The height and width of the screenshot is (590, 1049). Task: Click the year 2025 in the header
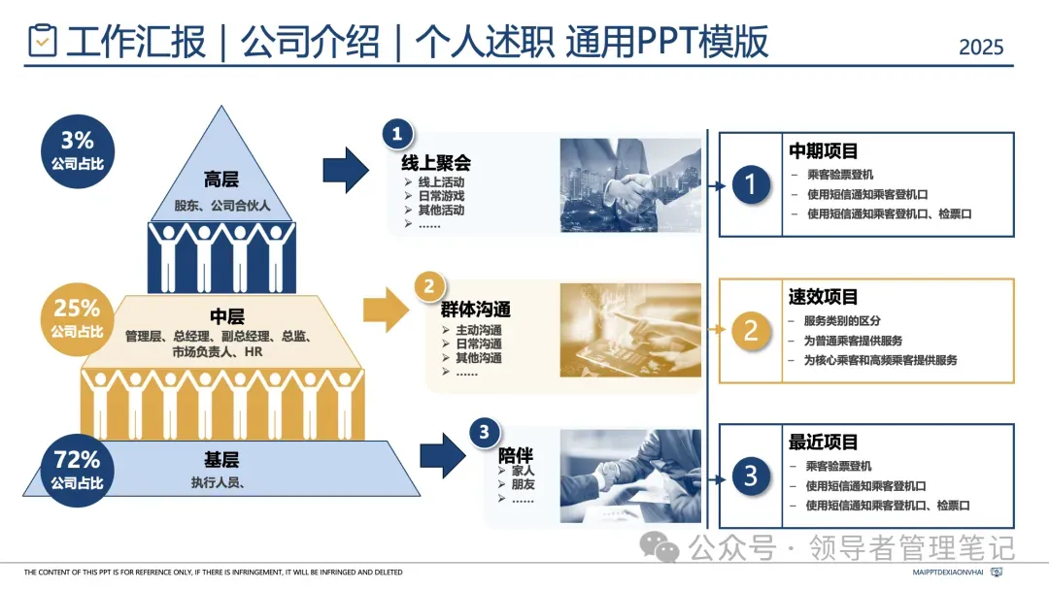point(980,47)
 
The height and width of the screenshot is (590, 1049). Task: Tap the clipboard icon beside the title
point(43,41)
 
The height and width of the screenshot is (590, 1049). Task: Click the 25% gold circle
point(77,316)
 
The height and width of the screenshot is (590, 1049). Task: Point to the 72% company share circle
point(77,468)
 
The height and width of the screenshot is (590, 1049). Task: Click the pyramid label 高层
point(221,180)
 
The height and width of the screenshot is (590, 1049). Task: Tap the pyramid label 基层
point(222,460)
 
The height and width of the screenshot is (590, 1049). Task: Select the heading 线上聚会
point(436,162)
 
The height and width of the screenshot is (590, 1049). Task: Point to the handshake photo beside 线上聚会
point(630,185)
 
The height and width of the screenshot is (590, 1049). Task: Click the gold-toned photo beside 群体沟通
point(630,330)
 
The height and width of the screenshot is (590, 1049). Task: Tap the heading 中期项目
point(823,151)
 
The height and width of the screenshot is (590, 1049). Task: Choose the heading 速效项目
point(823,297)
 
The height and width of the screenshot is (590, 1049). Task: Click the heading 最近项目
point(823,442)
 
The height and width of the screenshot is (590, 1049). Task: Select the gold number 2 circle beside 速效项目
point(750,330)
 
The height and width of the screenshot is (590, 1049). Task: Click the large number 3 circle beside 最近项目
point(750,475)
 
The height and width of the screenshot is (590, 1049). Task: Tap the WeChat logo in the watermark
point(666,549)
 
